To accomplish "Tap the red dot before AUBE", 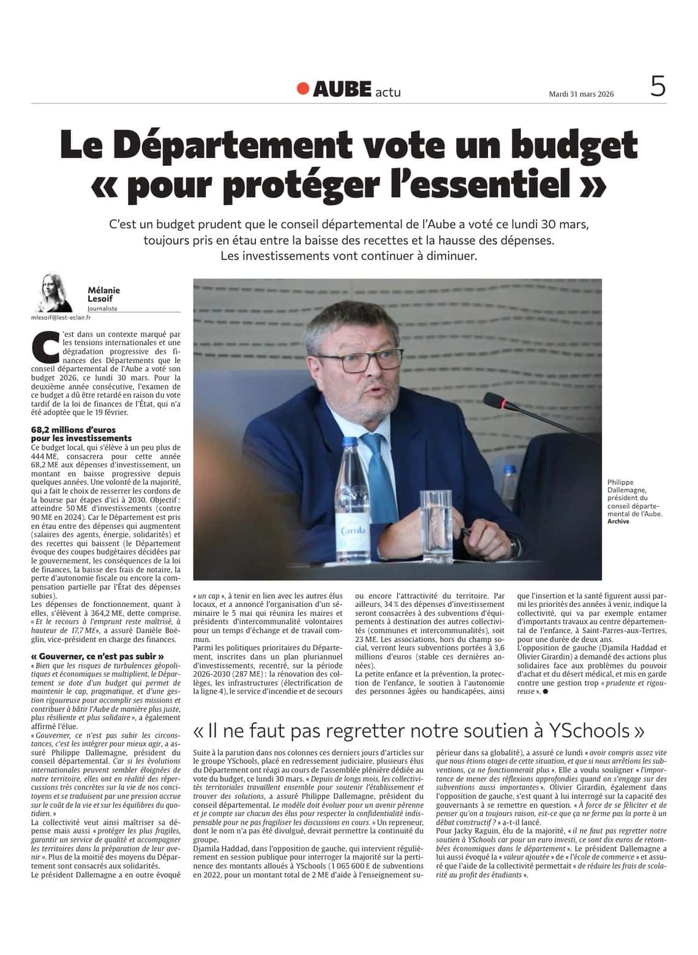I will click(302, 89).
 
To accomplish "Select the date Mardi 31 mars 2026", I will click(580, 94).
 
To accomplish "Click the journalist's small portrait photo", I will click(56, 292).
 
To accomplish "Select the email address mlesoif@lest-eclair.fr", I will click(61, 318).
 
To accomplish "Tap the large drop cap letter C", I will click(45, 347).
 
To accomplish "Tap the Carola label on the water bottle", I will click(353, 531).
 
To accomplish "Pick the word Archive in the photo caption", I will click(618, 521).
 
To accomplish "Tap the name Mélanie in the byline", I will click(103, 290).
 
